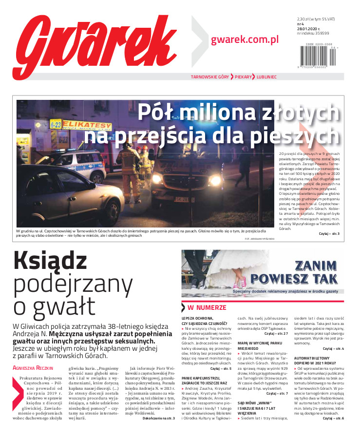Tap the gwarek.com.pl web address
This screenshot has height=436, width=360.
(245, 40)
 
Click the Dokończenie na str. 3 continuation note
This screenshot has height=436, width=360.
(158, 418)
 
